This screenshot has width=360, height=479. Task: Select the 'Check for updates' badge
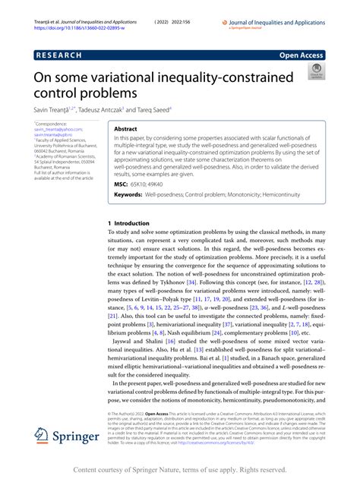point(314,72)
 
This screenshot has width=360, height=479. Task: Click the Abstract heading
point(125,130)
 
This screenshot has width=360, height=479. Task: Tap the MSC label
point(122,183)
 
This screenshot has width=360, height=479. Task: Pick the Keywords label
point(128,195)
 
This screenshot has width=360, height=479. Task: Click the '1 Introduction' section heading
point(130,223)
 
